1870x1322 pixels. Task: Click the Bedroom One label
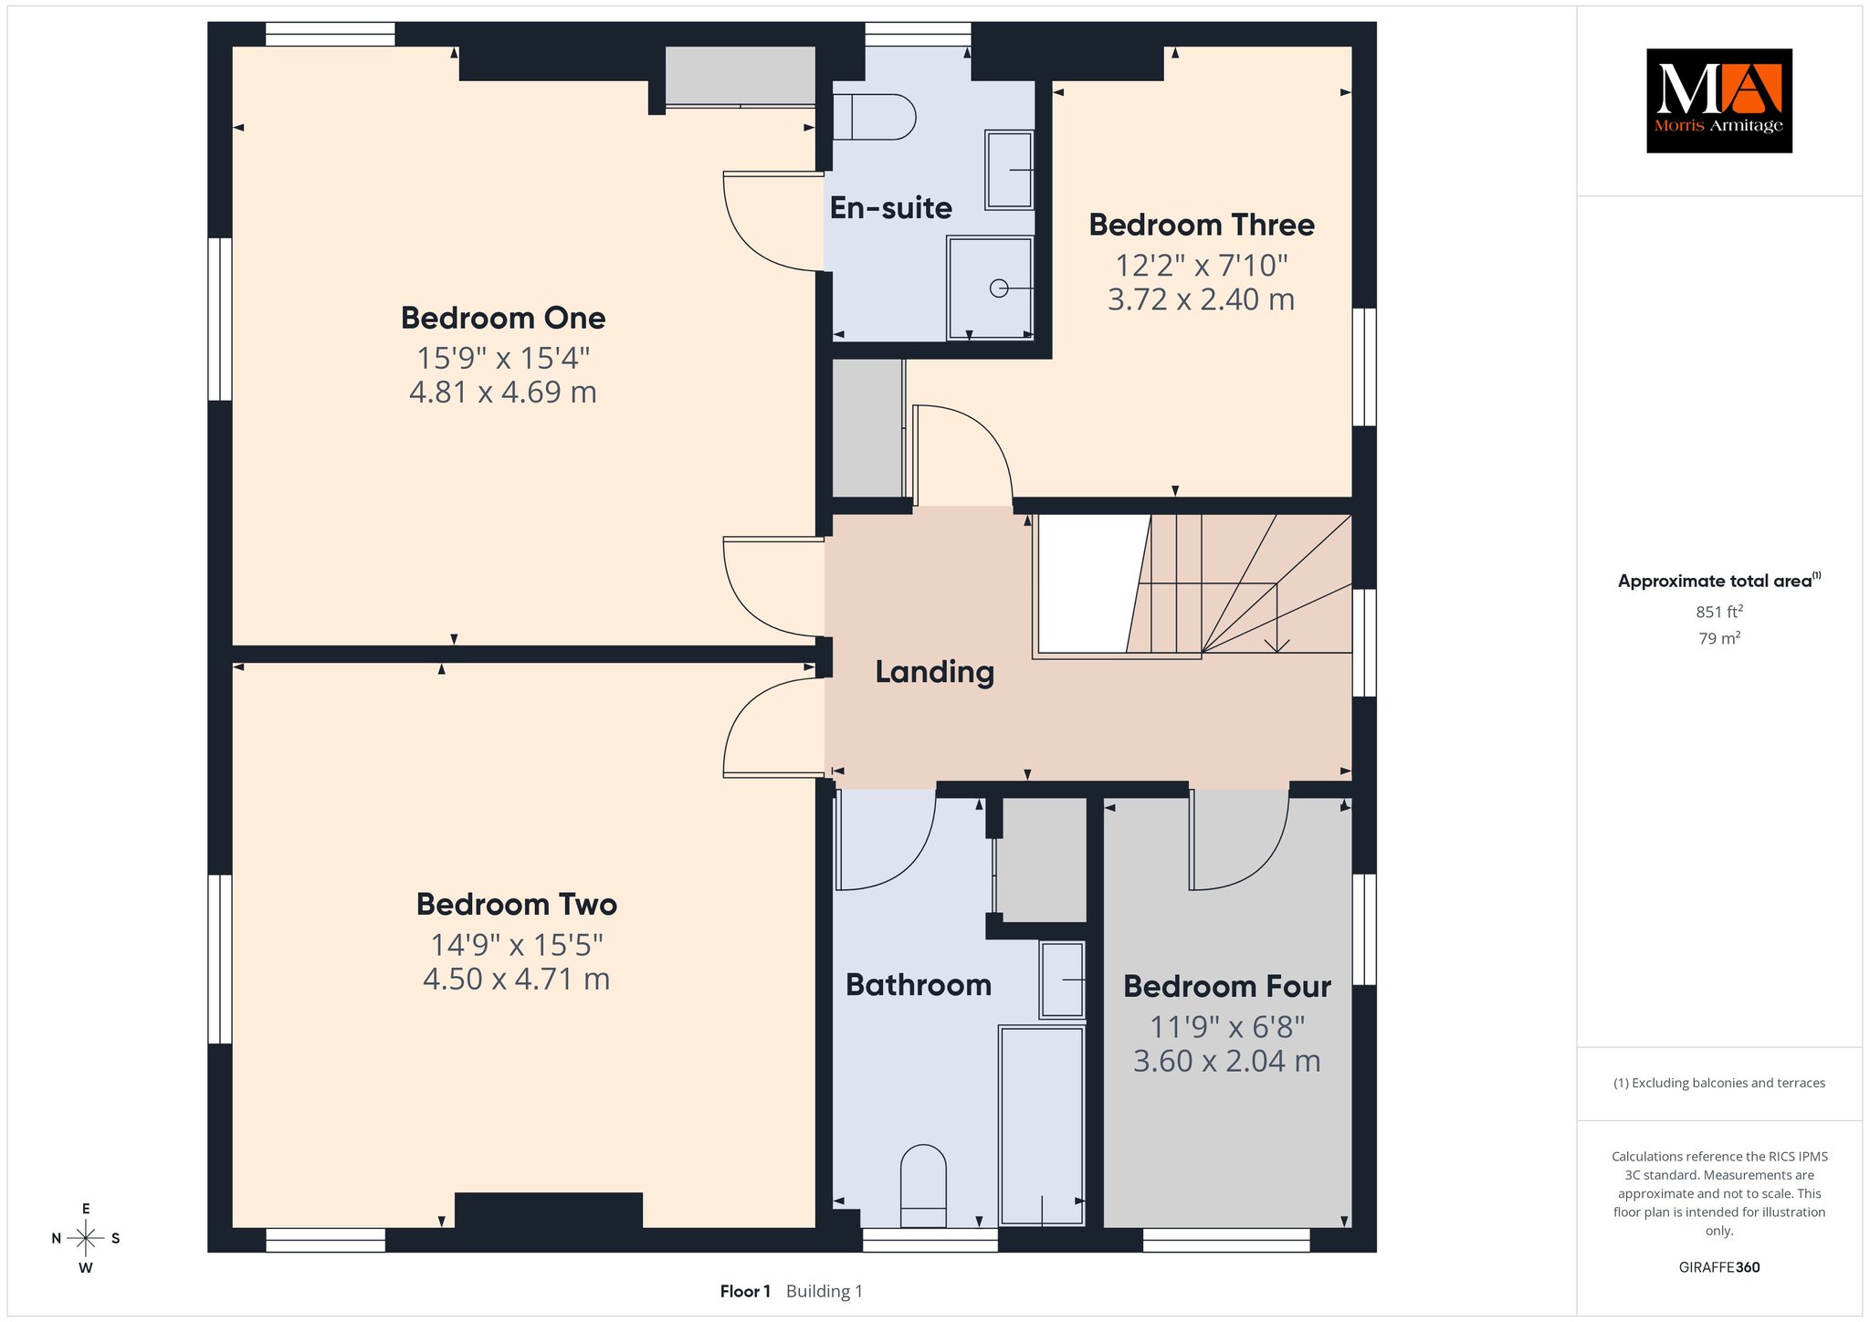click(x=503, y=318)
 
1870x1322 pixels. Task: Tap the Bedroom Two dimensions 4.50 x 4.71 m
click(x=516, y=980)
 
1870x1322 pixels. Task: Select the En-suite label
click(x=890, y=208)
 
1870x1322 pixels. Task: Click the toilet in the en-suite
click(x=873, y=119)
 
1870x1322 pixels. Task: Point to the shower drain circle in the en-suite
click(x=999, y=289)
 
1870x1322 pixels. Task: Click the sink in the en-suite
click(x=1008, y=170)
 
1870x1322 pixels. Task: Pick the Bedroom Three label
click(x=1202, y=225)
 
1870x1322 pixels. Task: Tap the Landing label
click(x=934, y=672)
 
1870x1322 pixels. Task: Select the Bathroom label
click(x=919, y=985)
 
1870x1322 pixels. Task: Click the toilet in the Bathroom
click(x=923, y=1186)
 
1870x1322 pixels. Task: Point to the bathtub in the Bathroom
click(x=1042, y=1126)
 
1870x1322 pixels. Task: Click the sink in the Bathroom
click(x=1062, y=980)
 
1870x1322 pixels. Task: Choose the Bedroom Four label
click(x=1227, y=987)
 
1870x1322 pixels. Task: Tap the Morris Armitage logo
click(x=1719, y=100)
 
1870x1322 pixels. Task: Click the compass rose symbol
click(x=86, y=1238)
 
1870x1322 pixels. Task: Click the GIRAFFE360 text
click(x=1719, y=1267)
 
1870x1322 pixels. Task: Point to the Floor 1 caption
click(x=745, y=1291)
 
